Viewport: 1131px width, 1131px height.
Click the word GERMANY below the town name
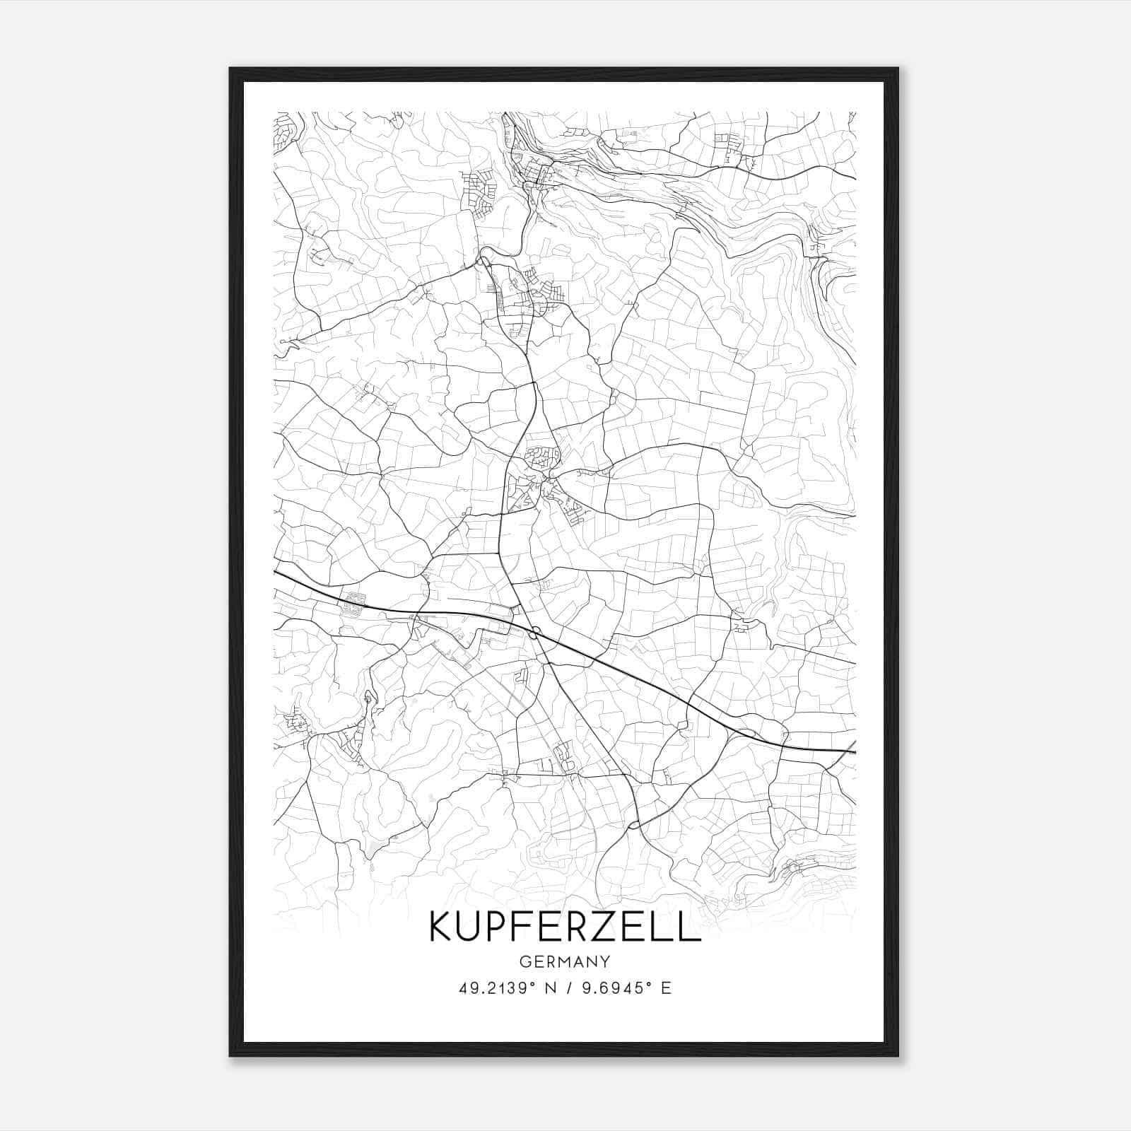point(565,961)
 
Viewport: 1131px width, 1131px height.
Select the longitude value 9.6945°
point(614,988)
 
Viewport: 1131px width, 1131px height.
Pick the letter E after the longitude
point(666,988)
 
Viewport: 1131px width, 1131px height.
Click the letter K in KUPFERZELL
point(443,926)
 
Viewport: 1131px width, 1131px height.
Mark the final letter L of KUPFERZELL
point(691,926)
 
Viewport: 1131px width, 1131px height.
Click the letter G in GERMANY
point(525,961)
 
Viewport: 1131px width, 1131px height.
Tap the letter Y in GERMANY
point(605,961)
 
